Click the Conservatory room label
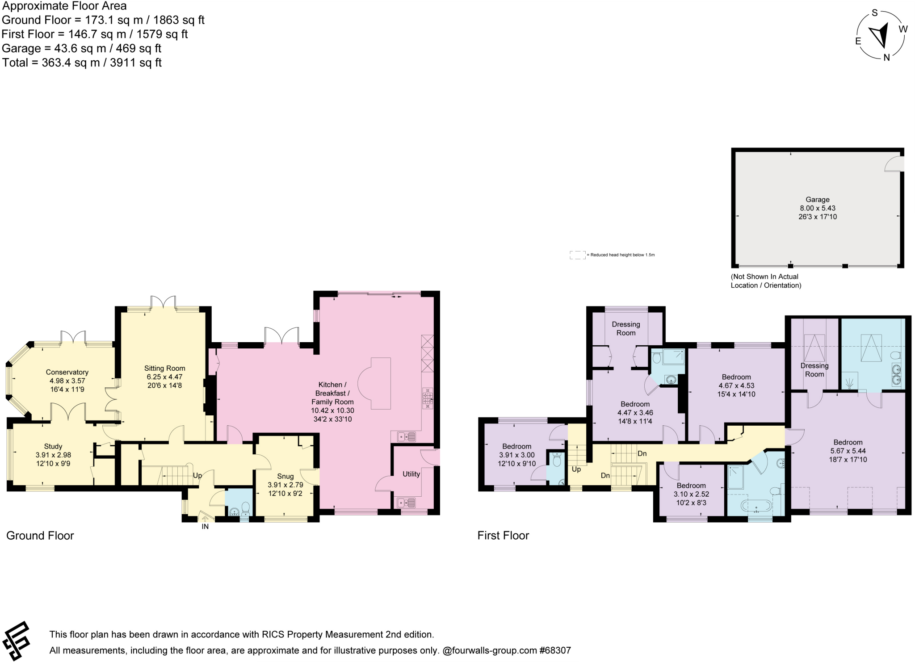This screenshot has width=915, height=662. coord(67,372)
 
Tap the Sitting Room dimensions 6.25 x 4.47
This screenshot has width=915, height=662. coord(164,377)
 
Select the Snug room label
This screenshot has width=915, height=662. coord(285,476)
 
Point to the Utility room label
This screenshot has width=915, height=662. coord(411,474)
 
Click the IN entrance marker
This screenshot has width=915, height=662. coord(205,527)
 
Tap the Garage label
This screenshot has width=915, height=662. coord(817,200)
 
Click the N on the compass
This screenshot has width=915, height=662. coord(886,57)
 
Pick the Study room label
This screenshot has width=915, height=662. coord(53,446)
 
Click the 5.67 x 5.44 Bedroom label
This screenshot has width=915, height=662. coord(848,442)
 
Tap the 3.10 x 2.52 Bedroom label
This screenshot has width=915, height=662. coord(691,486)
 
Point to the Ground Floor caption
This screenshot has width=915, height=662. coord(40,536)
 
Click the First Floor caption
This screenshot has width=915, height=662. coord(503,536)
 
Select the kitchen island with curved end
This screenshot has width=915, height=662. coord(378,383)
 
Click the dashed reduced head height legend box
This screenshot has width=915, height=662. coord(577,255)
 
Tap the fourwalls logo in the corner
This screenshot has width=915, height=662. coord(16,641)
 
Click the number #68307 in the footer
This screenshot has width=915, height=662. coord(555,650)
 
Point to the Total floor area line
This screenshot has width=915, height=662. coord(82,63)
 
